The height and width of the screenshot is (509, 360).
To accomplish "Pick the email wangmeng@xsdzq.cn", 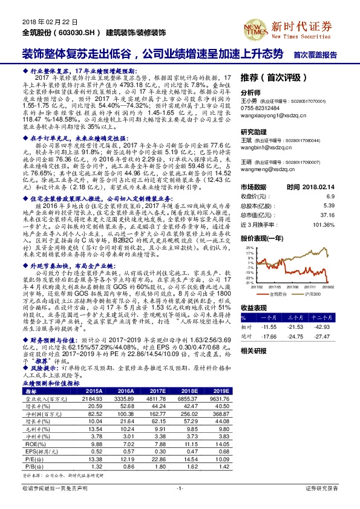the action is [267, 171].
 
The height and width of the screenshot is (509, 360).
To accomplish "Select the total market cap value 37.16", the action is [327, 214].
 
